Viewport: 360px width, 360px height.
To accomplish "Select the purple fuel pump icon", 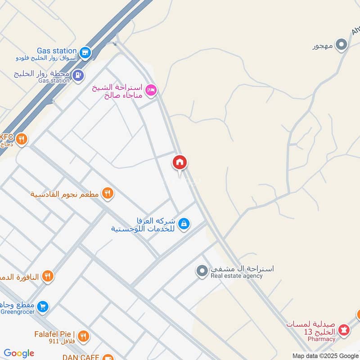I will pyautogui.click(x=78, y=74).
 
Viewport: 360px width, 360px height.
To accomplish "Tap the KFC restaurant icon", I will pyautogui.click(x=21, y=140).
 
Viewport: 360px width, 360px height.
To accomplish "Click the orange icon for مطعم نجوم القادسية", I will pyautogui.click(x=107, y=194).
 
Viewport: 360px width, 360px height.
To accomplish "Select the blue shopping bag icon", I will pyautogui.click(x=184, y=223).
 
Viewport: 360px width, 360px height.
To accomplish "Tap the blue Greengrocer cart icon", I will pyautogui.click(x=43, y=307).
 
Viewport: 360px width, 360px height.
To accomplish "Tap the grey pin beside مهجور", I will pyautogui.click(x=342, y=45).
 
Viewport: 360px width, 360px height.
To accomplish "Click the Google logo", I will pyautogui.click(x=19, y=353).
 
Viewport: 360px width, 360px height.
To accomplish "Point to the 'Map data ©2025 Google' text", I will pyautogui.click(x=325, y=355).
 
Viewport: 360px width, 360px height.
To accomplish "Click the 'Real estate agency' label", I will pyautogui.click(x=237, y=276).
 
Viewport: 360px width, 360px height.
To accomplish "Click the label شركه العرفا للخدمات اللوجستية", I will pyautogui.click(x=144, y=225).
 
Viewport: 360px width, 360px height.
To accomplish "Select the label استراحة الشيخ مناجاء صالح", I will pyautogui.click(x=118, y=91).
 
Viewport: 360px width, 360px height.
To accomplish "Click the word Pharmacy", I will pyautogui.click(x=322, y=339).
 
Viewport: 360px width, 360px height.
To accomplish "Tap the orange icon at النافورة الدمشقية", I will pyautogui.click(x=48, y=276).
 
